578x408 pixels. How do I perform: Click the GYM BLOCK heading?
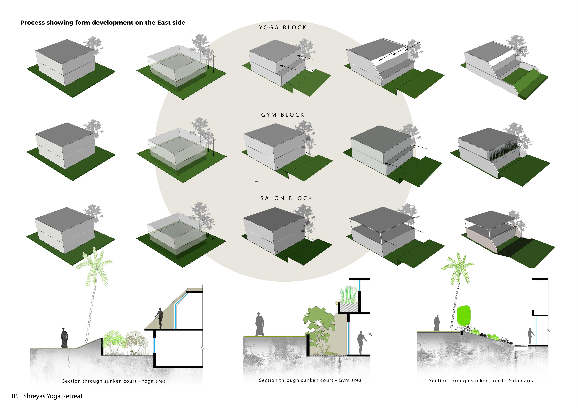click(x=282, y=115)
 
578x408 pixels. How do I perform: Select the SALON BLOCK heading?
click(x=286, y=198)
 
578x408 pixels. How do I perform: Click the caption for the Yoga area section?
click(x=114, y=381)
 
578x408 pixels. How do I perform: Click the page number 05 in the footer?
click(x=15, y=396)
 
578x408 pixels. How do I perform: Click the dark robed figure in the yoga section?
click(x=64, y=338)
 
